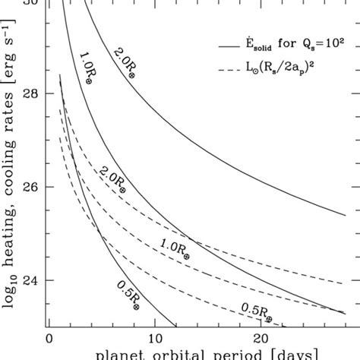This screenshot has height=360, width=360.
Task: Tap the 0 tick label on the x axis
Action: point(49,339)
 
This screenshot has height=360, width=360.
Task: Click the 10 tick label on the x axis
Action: point(154,339)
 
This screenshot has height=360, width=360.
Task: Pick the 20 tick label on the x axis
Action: point(261,339)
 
